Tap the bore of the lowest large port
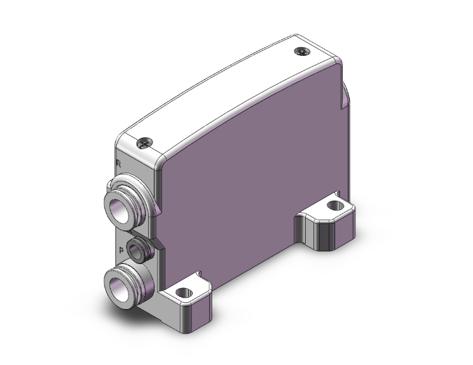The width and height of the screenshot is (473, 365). click(118, 282)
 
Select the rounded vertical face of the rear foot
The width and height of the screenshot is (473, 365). click(321, 235)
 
